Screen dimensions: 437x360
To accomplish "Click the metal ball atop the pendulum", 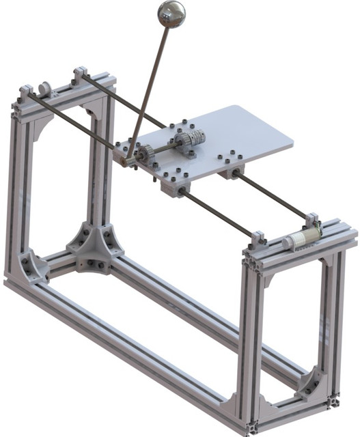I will [171, 14].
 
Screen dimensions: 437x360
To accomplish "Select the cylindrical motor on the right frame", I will [301, 238].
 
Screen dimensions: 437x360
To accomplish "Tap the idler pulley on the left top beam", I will [45, 89].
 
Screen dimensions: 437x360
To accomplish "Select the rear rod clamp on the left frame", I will [81, 72].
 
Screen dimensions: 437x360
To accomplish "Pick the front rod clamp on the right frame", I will [259, 240].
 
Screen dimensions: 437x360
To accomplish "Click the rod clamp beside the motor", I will [313, 221].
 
